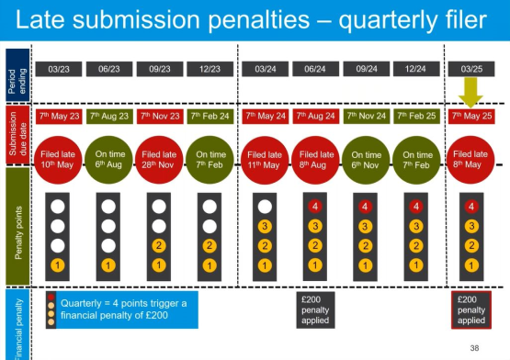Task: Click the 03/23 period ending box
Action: (x=60, y=68)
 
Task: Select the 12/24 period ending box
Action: (x=413, y=68)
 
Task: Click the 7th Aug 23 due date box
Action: (x=110, y=117)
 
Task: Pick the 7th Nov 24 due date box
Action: (x=364, y=117)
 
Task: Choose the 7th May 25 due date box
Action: (x=470, y=117)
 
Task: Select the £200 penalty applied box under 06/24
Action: (x=314, y=309)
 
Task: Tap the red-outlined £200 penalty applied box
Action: (x=470, y=309)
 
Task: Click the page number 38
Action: (x=474, y=348)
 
